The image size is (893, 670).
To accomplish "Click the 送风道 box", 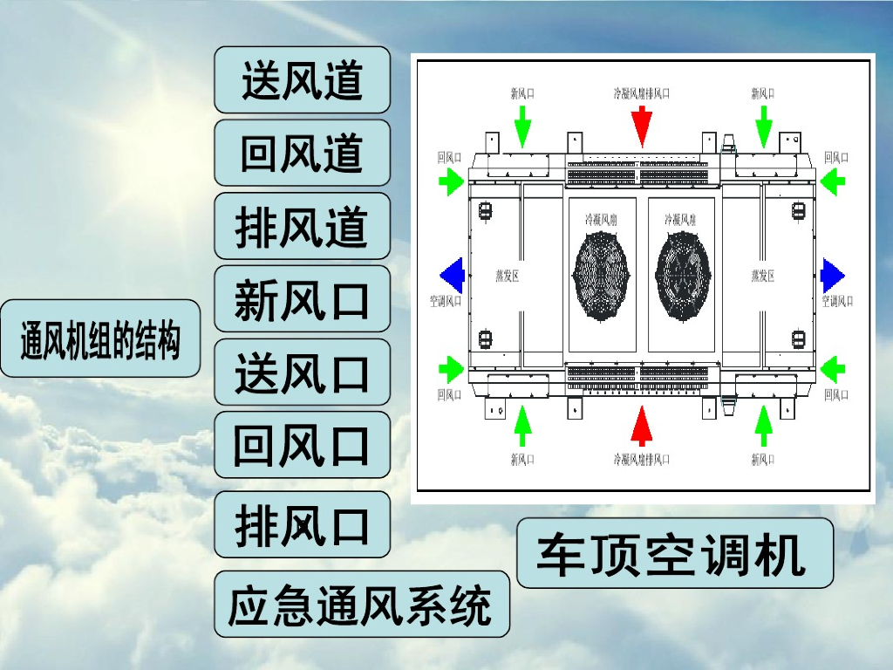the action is click(x=302, y=80).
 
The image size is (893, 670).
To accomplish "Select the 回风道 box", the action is click(x=302, y=154).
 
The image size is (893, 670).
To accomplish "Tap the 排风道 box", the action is click(x=302, y=227).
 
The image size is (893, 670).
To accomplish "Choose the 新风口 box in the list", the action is click(x=302, y=299).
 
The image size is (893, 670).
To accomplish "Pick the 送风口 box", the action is click(x=302, y=373).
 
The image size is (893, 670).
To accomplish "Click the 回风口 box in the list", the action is click(x=302, y=445).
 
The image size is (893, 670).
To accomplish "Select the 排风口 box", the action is click(x=302, y=525).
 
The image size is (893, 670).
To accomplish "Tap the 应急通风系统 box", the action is click(x=361, y=605).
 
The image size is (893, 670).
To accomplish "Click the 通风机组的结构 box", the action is click(x=100, y=339).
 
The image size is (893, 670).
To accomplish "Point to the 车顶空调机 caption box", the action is click(x=674, y=553).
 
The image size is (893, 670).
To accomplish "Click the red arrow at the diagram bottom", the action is click(x=642, y=425).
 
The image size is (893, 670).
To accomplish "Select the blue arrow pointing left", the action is click(x=451, y=276).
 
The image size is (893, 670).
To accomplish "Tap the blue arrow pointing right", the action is click(x=832, y=276).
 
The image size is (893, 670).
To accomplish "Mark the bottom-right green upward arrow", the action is click(x=763, y=425).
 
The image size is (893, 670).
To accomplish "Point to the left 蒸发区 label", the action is click(x=508, y=276).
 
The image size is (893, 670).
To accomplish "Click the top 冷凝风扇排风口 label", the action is click(x=641, y=92).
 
